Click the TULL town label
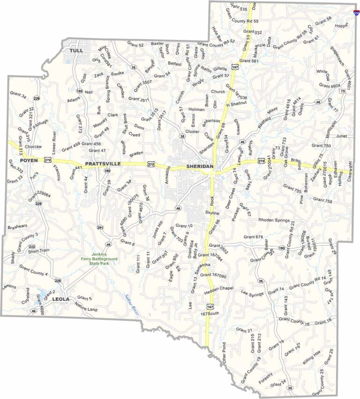pos(75,50)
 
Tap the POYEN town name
pos(19,161)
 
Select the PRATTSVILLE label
pos(103,164)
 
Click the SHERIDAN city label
pos(200,167)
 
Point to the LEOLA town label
pos(60,299)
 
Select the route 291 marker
pos(100,228)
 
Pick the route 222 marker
pos(32,246)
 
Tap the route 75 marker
pos(343,91)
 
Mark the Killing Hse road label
pos(312,357)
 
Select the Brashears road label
pos(18,228)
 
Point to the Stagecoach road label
pos(337,55)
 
